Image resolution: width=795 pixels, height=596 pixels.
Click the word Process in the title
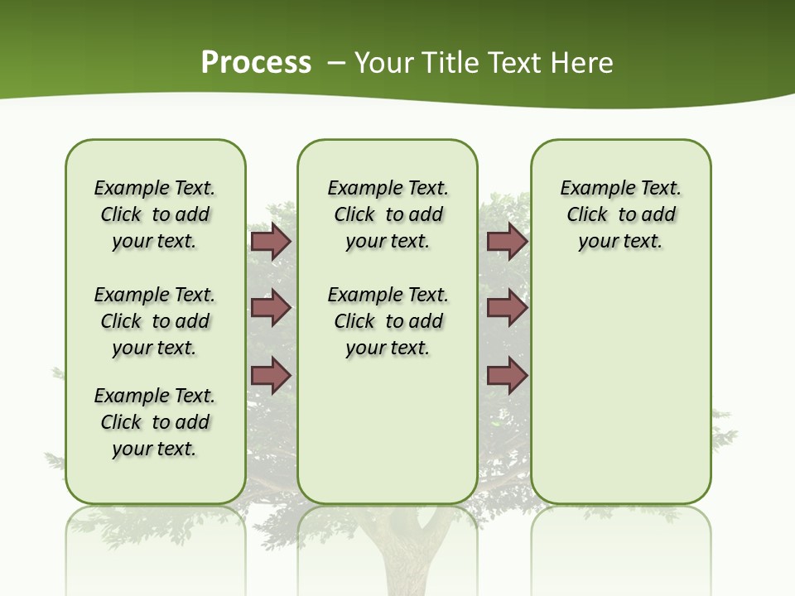click(256, 62)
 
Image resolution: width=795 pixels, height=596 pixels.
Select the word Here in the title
click(584, 62)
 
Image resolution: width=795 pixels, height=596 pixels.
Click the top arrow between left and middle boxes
click(271, 242)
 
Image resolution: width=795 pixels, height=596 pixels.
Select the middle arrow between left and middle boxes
click(271, 309)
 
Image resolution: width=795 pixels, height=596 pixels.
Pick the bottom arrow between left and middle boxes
click(271, 376)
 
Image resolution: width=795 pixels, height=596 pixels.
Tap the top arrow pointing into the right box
click(507, 242)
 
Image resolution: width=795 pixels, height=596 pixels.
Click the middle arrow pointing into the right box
click(507, 309)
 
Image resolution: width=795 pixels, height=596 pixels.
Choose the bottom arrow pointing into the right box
click(507, 376)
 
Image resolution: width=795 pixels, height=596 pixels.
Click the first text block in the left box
click(155, 214)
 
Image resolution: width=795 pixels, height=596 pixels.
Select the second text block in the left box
click(155, 321)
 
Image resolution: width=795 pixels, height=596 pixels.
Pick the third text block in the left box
click(155, 422)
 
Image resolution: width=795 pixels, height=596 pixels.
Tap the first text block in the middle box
click(388, 214)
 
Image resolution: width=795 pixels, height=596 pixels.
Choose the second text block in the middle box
click(388, 321)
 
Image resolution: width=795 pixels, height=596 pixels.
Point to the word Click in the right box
click(587, 215)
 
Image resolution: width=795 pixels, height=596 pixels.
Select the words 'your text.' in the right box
click(620, 242)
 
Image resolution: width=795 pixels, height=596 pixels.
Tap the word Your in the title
click(383, 62)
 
